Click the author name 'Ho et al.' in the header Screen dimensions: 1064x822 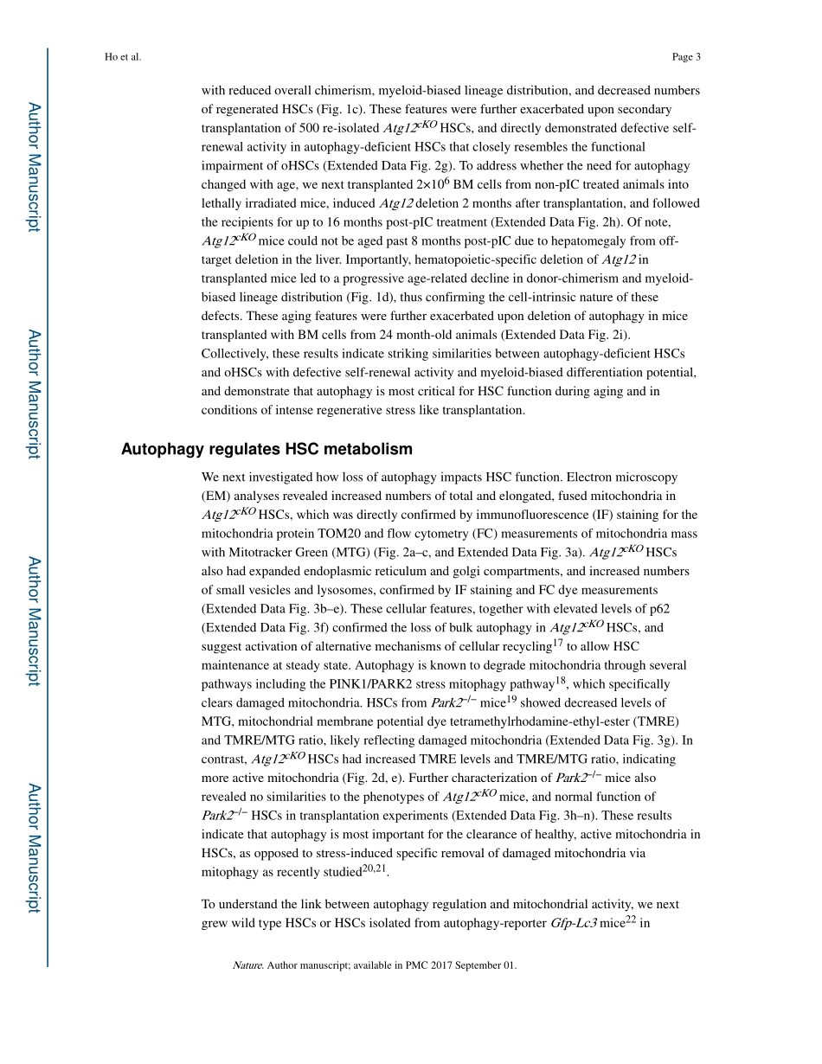122,57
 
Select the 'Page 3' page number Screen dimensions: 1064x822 685,57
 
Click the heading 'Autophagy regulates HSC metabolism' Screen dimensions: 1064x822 267,449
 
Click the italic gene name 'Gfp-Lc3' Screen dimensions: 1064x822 574,923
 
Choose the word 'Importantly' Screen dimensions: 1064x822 234,260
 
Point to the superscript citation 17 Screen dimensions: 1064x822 558,643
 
